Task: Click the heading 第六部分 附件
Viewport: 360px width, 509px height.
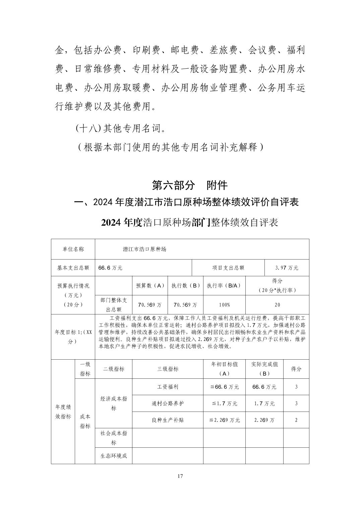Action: click(x=190, y=185)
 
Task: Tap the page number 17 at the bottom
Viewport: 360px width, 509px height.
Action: click(x=180, y=476)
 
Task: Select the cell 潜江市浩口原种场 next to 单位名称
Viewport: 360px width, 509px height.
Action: click(x=144, y=249)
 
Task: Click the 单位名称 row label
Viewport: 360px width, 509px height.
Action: click(x=73, y=249)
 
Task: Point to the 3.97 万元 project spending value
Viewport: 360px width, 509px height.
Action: click(x=287, y=268)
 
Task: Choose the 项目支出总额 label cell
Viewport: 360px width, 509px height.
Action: click(x=228, y=268)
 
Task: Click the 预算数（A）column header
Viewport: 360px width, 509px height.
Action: click(x=150, y=286)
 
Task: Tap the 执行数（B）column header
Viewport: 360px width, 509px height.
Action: click(x=185, y=286)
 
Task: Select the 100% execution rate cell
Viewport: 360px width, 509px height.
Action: click(x=224, y=305)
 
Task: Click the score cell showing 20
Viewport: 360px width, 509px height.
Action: click(x=277, y=305)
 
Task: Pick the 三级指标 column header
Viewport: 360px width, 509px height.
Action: click(x=168, y=369)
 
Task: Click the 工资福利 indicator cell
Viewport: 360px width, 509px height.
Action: click(x=168, y=387)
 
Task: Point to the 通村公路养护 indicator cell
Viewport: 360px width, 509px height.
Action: click(x=168, y=404)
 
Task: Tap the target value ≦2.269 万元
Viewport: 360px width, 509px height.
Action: click(x=224, y=420)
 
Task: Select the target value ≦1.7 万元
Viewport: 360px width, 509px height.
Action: click(x=224, y=404)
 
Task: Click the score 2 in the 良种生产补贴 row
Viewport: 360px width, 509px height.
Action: click(x=296, y=420)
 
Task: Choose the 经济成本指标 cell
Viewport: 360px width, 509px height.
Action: click(x=114, y=404)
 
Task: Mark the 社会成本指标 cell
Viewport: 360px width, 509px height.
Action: click(x=114, y=438)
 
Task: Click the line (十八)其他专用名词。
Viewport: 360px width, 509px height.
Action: click(x=121, y=128)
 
